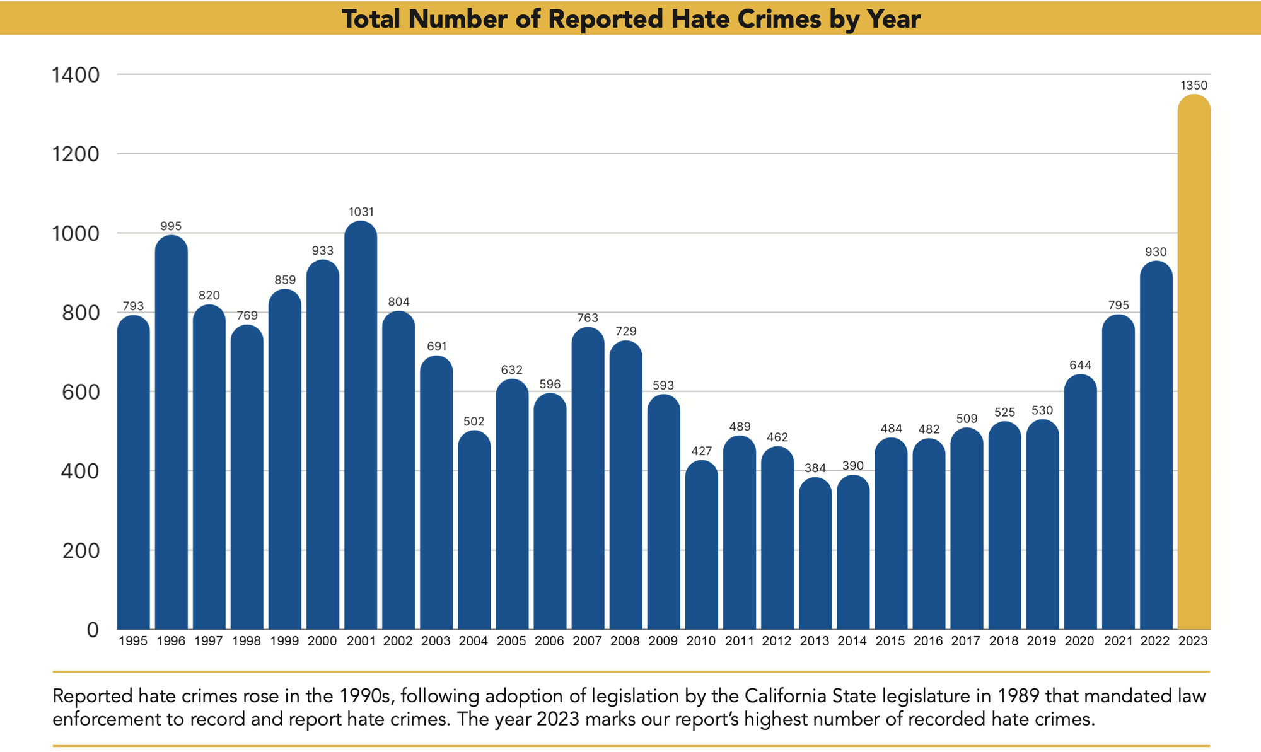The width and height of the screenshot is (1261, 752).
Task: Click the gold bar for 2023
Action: (x=1194, y=366)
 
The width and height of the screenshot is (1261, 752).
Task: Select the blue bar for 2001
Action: (x=361, y=429)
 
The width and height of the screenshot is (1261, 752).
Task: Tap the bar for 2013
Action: (x=815, y=555)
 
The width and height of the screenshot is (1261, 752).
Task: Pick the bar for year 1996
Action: (x=171, y=435)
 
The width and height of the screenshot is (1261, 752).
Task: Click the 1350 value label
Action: (x=1194, y=85)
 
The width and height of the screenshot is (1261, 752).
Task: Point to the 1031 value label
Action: (x=361, y=212)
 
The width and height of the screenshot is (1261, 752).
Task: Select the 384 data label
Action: (x=815, y=468)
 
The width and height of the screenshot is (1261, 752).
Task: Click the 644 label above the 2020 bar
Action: (x=1080, y=366)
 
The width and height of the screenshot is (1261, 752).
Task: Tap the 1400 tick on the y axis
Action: (x=76, y=75)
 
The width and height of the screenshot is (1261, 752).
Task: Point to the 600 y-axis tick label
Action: (x=81, y=392)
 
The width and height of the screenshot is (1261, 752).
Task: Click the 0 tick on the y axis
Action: (x=92, y=630)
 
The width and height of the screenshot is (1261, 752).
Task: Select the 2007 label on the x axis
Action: (x=587, y=642)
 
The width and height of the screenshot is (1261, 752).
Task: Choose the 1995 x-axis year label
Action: (x=132, y=642)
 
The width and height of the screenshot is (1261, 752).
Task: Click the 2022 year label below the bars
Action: (x=1155, y=642)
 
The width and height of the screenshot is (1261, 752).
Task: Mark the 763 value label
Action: (x=588, y=318)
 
